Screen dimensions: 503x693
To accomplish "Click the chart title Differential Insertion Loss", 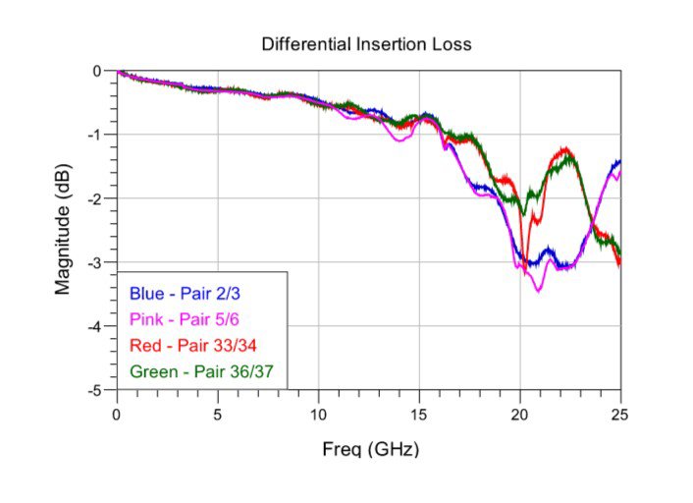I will [x=366, y=44].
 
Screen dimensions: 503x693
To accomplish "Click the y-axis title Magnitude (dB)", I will [x=64, y=230].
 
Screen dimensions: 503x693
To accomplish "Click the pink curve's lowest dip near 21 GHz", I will [x=538, y=291].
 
